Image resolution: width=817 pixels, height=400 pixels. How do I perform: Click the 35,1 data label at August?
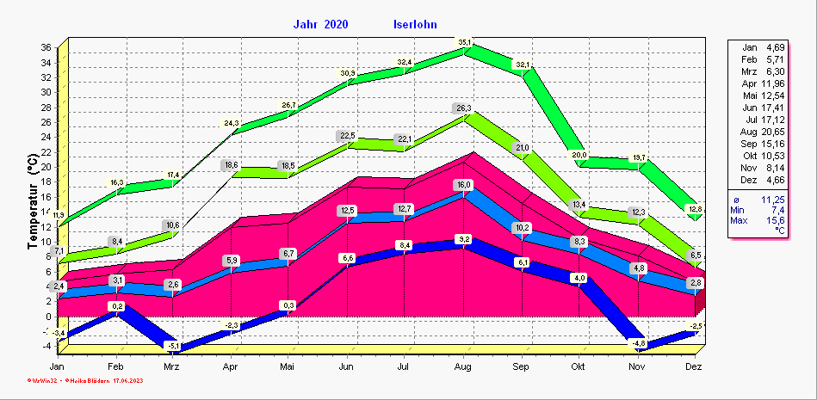point(465,41)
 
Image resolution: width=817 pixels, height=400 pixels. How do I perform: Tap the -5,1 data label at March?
point(174,347)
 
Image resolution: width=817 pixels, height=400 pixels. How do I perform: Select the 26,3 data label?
point(464,108)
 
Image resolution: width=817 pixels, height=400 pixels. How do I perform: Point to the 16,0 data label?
point(464,185)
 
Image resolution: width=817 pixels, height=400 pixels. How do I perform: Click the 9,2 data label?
point(464,239)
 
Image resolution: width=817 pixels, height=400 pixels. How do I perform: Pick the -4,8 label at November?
point(638,343)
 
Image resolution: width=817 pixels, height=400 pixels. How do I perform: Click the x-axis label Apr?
point(231,366)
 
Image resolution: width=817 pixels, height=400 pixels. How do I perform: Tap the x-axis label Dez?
point(695,366)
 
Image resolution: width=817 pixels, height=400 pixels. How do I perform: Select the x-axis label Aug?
point(463,366)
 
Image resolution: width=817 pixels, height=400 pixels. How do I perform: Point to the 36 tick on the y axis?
point(46,48)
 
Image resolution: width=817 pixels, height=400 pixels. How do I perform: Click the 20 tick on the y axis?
point(46,167)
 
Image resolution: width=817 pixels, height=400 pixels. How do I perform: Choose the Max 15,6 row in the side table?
point(758,220)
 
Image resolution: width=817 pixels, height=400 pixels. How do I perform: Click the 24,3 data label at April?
point(232,123)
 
